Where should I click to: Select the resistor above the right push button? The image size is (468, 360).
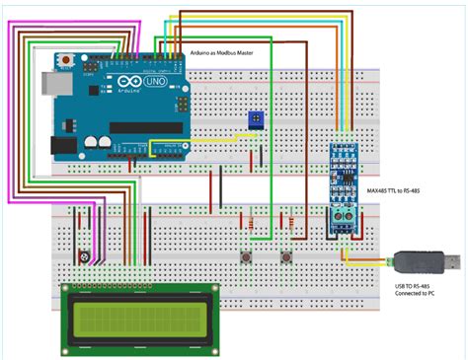293,226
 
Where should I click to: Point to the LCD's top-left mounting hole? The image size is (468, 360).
68,290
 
